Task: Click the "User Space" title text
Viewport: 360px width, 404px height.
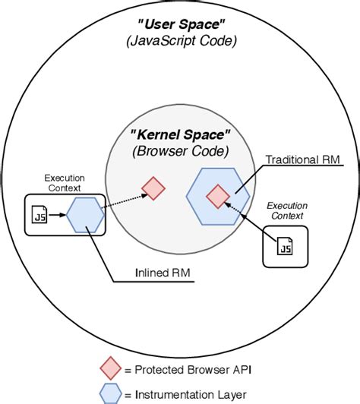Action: (179, 26)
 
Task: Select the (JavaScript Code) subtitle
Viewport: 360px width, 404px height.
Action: (179, 43)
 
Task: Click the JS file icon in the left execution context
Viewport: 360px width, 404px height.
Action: (40, 216)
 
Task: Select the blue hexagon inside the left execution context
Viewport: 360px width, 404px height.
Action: (84, 215)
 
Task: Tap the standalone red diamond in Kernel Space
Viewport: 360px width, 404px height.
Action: (153, 188)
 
